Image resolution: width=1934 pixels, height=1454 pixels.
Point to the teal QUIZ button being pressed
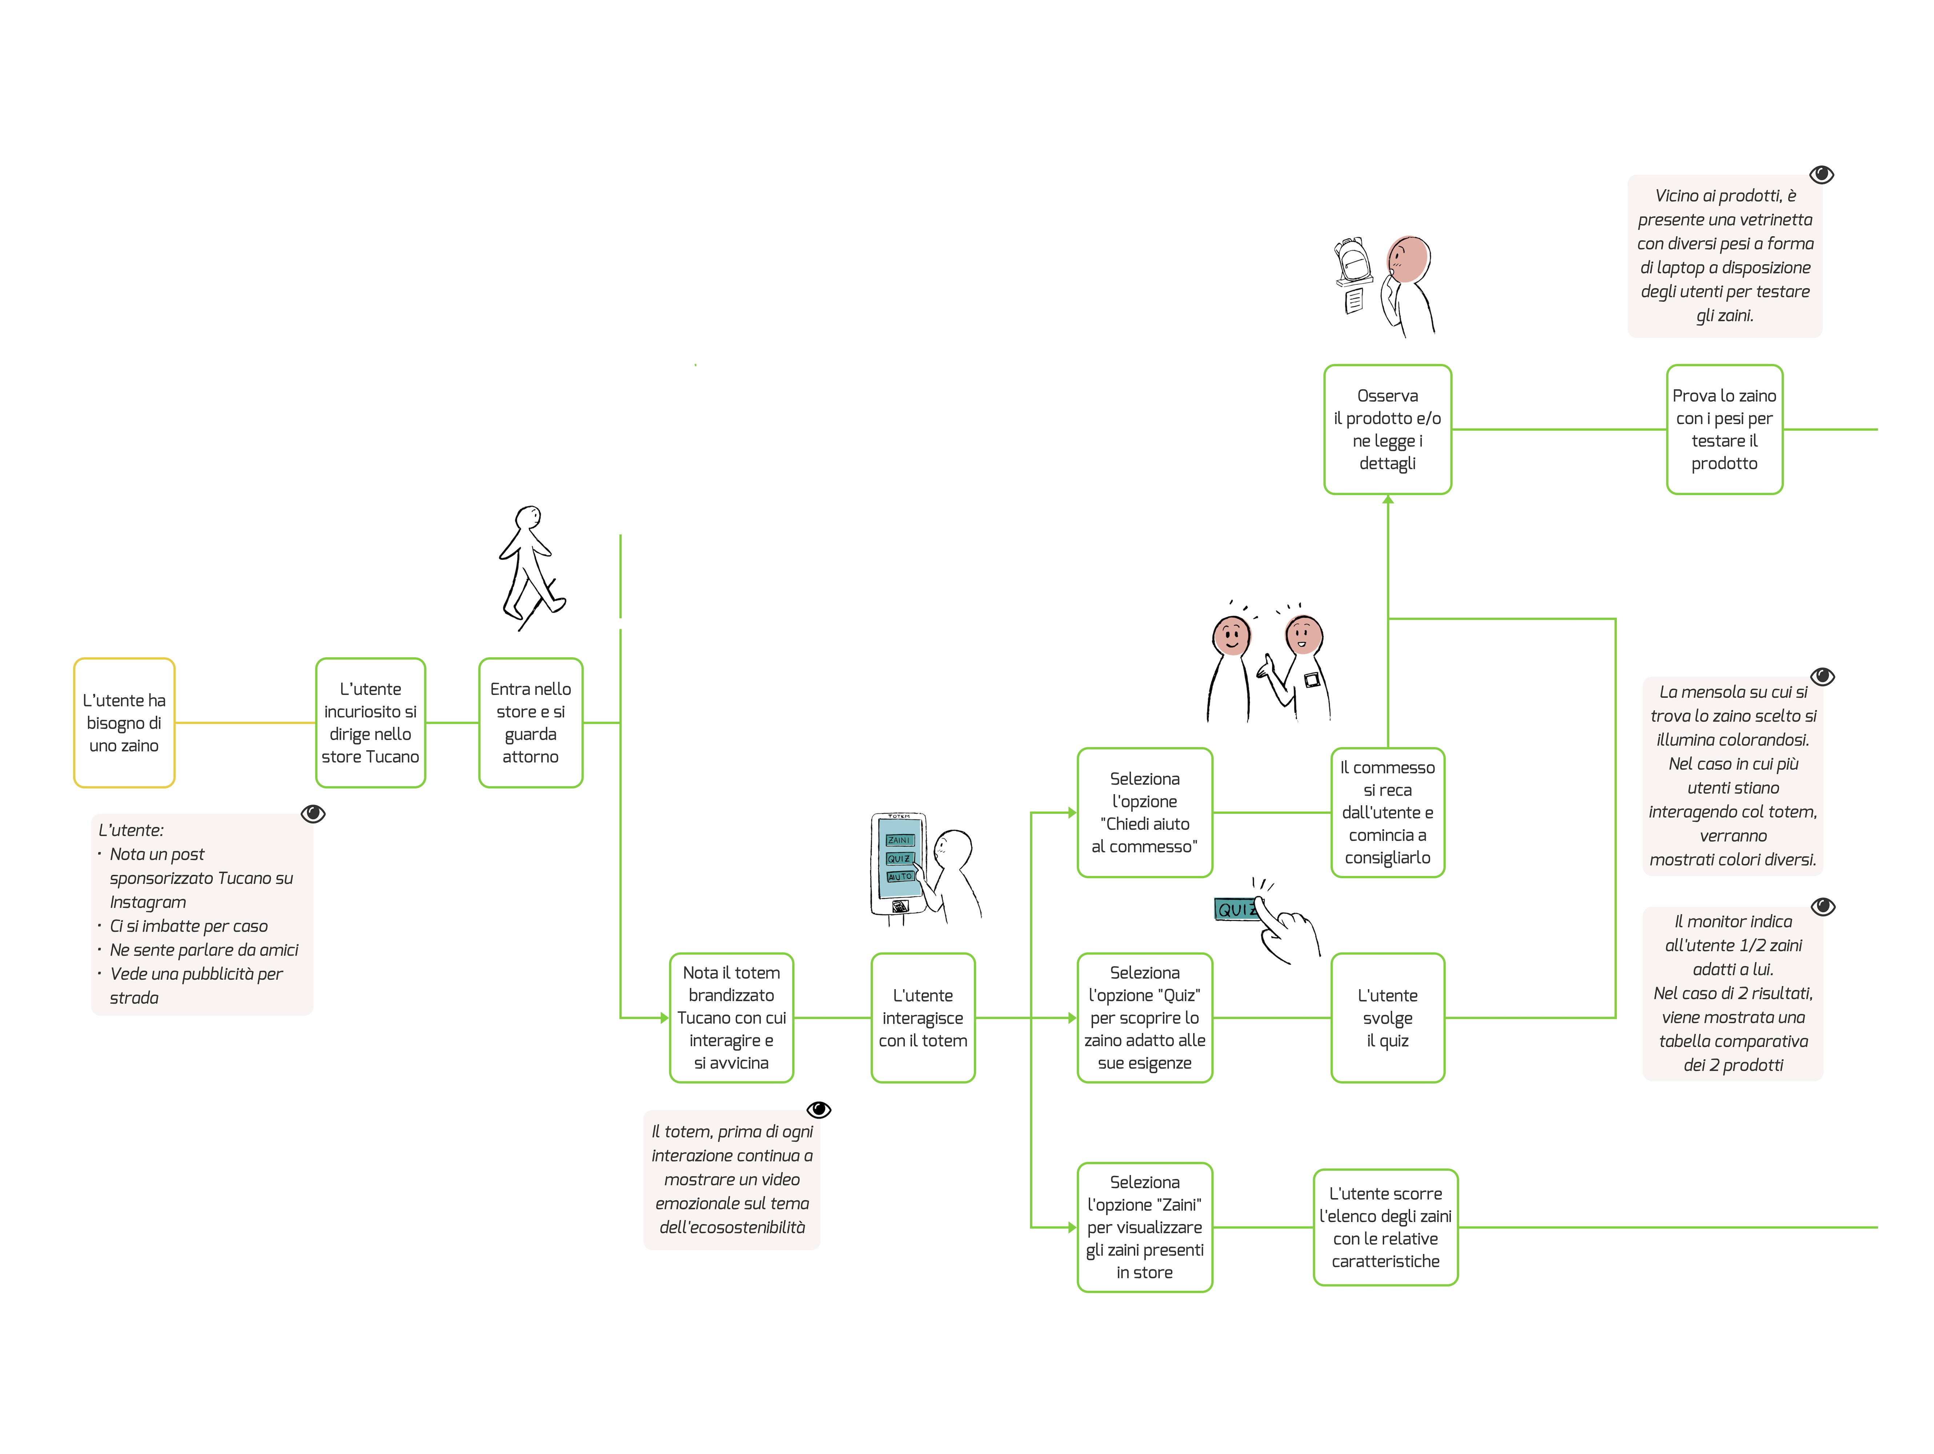point(1235,909)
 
